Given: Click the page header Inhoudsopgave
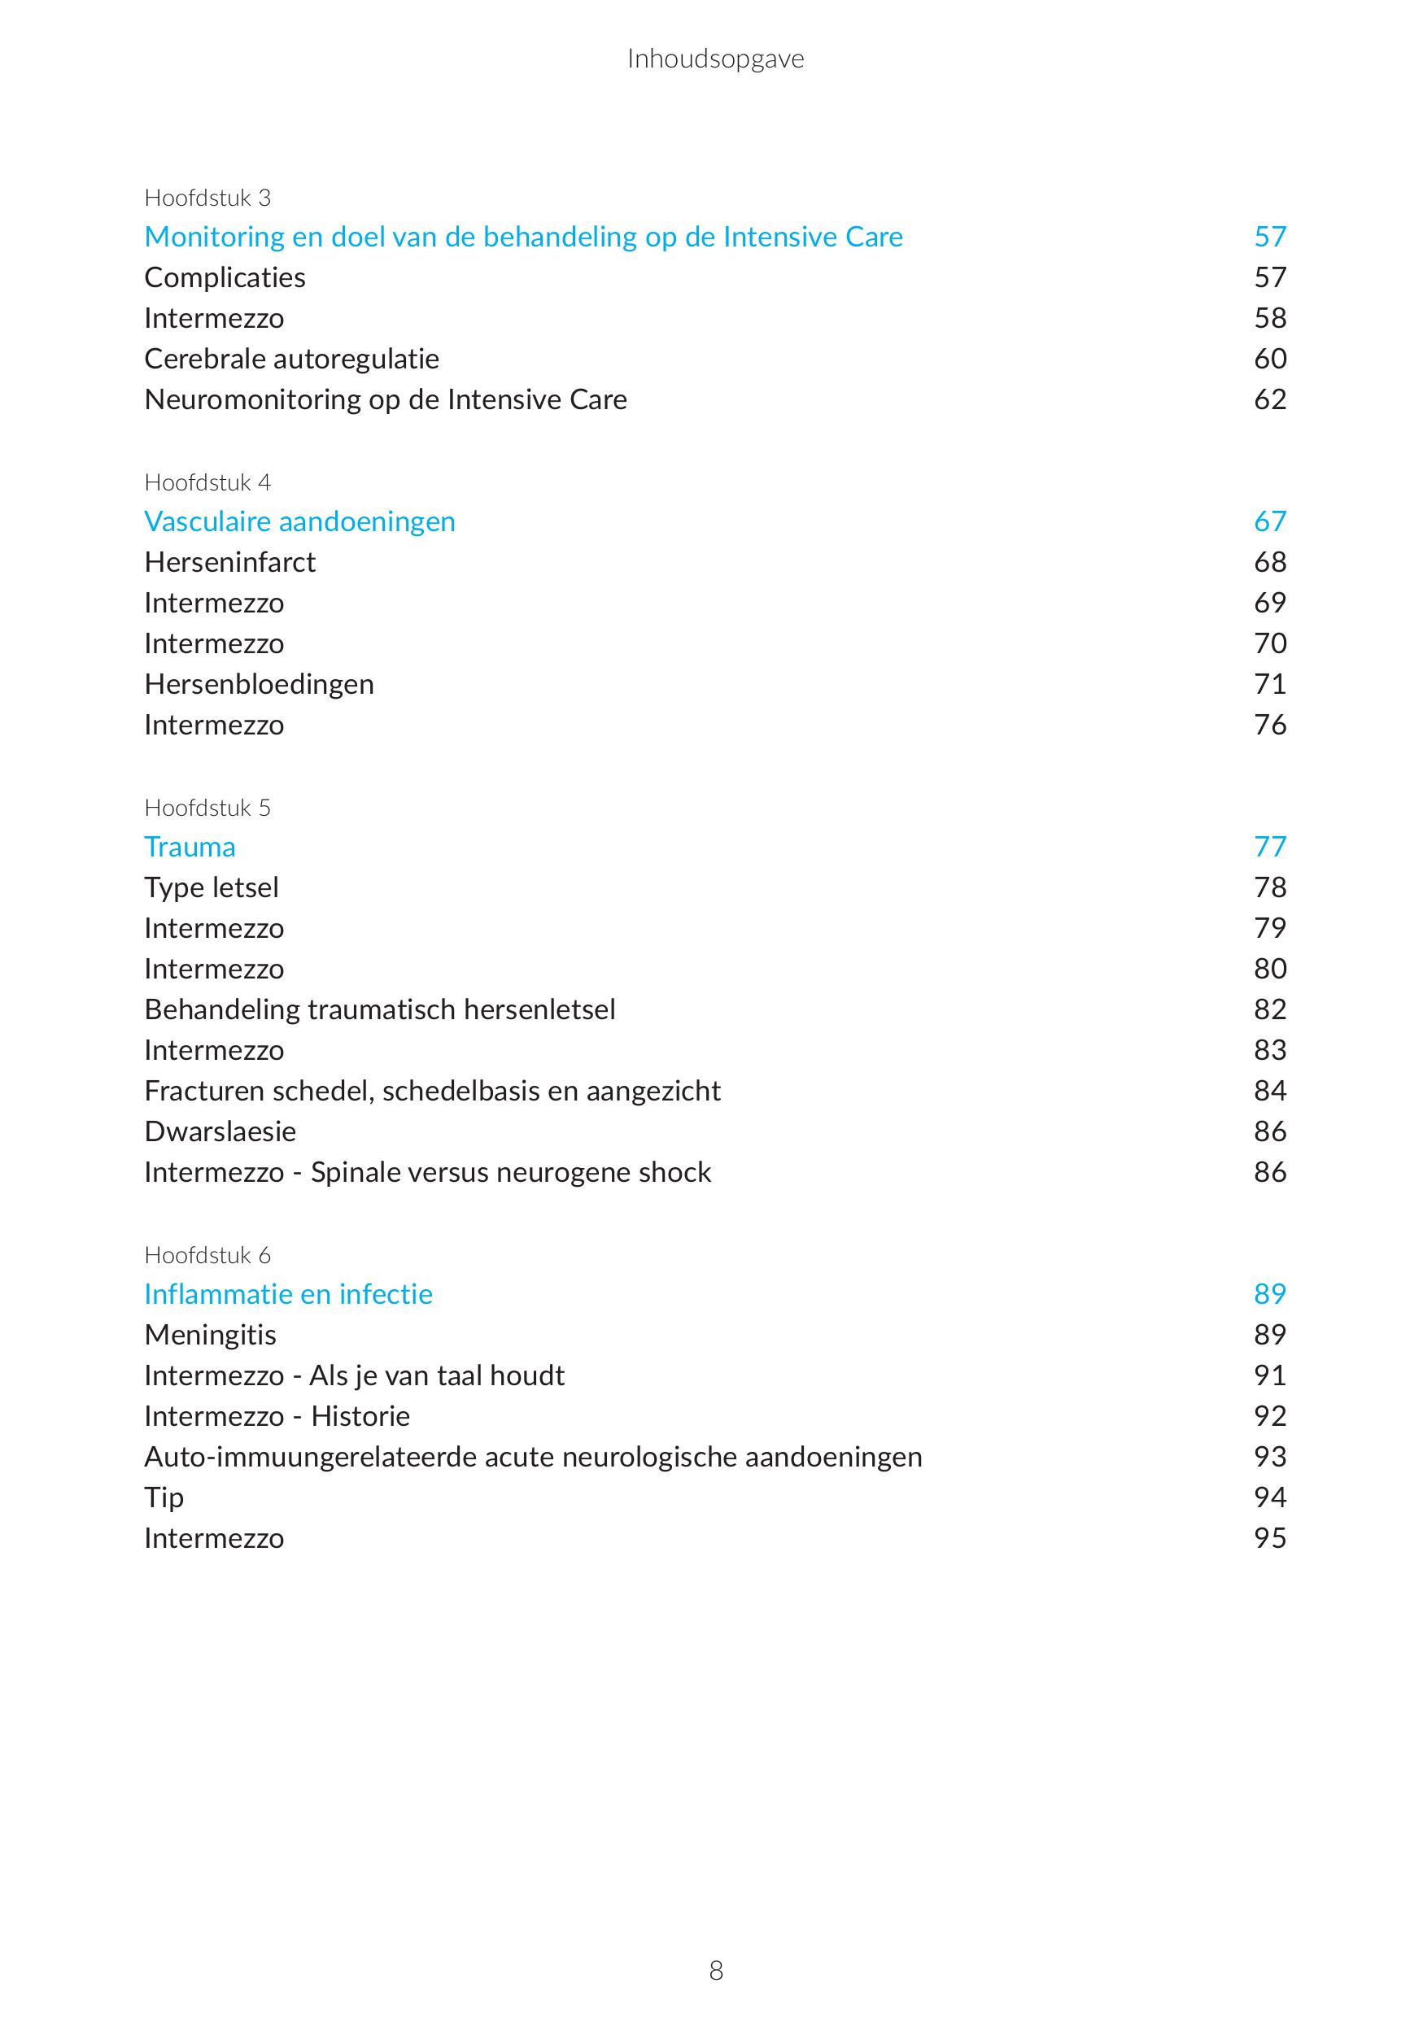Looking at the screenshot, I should [x=715, y=59].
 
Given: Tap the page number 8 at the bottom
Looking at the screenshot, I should [x=715, y=1971].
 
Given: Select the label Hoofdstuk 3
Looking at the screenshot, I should [x=207, y=198].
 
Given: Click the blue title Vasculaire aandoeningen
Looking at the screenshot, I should [x=299, y=521].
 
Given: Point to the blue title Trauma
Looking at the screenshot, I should [x=190, y=847].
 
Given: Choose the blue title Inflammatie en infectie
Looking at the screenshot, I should [x=288, y=1294].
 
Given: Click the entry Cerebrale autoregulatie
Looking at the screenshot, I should [x=292, y=359].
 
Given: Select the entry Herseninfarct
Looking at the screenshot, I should [x=229, y=561].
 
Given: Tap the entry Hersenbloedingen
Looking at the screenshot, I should [x=260, y=684].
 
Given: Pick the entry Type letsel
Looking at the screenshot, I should [x=211, y=887].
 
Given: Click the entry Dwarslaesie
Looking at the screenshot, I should [x=220, y=1131].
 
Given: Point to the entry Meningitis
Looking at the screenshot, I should [x=210, y=1334].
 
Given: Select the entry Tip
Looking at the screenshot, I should [x=164, y=1497].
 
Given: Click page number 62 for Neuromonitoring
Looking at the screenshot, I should [x=1270, y=399].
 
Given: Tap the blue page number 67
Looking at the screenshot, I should [x=1270, y=521].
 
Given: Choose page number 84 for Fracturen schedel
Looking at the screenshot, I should [x=1270, y=1091].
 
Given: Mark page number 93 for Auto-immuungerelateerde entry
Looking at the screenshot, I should [x=1270, y=1457].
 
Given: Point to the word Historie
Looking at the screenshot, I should [x=360, y=1416].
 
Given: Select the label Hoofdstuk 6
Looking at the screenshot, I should [x=207, y=1255].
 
